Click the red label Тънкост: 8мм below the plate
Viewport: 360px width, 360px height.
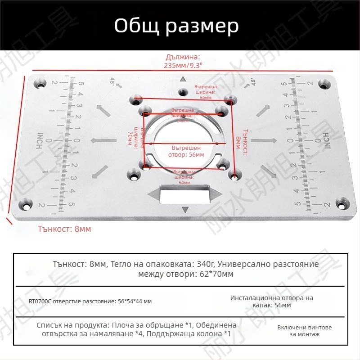[65, 229]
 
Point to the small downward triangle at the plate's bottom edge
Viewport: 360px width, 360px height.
[184, 210]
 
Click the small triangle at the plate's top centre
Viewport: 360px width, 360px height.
[183, 80]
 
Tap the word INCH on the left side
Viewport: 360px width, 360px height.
[40, 141]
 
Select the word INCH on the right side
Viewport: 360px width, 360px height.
[325, 141]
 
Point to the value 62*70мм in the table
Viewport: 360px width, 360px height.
[216, 274]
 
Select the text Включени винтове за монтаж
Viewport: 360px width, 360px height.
[298, 330]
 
